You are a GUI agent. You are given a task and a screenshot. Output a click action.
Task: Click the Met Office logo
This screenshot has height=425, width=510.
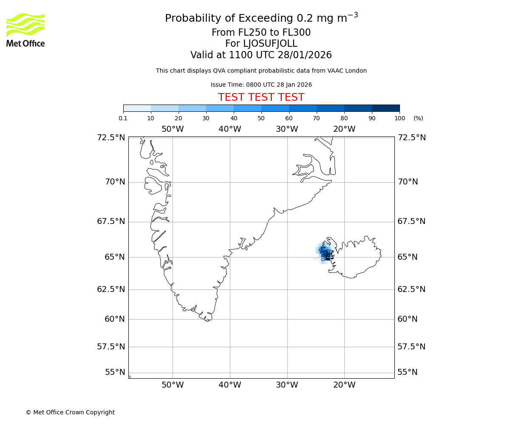25,30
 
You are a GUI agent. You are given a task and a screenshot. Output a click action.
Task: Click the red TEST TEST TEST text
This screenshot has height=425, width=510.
261,97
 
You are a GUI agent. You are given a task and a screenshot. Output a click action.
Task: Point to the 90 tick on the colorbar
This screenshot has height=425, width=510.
372,118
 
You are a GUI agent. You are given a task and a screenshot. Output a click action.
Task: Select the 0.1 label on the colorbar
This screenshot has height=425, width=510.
123,118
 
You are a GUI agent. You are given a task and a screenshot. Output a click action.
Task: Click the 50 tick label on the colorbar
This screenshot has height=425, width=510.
261,118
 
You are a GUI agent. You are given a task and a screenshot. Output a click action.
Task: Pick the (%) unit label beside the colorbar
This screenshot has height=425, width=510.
418,118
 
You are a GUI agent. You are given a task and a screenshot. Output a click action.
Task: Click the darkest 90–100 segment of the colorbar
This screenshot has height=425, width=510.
385,108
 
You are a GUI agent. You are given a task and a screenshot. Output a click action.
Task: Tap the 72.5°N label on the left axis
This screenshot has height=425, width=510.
110,138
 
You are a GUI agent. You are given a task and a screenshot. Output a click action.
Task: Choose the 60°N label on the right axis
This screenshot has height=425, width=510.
408,319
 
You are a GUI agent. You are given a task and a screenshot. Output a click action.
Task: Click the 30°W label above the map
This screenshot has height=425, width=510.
287,129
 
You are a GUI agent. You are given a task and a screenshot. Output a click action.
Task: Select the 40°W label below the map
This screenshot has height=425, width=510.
229,385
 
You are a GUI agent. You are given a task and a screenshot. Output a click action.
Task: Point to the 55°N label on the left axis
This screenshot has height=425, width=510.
115,372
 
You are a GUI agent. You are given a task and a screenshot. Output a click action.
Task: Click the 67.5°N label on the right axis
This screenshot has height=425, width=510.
411,221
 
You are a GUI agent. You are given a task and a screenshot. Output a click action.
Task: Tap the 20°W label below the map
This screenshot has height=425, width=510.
344,385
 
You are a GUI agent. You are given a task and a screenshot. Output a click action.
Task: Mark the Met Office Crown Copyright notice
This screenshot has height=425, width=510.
70,412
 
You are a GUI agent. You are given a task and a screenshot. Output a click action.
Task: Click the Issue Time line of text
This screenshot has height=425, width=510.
261,85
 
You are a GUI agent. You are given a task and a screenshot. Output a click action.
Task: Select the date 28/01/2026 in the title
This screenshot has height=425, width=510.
305,55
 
